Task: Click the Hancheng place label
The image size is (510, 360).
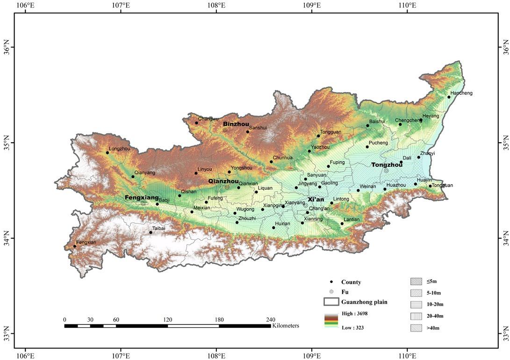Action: (x=461, y=93)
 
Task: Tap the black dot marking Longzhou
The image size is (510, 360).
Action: (x=108, y=153)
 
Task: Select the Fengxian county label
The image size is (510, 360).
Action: (x=86, y=242)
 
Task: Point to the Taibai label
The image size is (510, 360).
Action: (x=158, y=228)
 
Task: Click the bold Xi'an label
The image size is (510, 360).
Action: (x=316, y=199)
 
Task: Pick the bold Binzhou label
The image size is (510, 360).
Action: (x=236, y=124)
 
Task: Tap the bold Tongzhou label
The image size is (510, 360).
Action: (x=387, y=165)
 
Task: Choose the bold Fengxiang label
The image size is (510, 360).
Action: (x=142, y=198)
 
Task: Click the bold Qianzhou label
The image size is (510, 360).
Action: (x=223, y=181)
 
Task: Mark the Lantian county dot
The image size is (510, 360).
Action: (x=342, y=223)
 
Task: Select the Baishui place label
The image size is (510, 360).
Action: (x=377, y=122)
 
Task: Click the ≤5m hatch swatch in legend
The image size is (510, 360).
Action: (x=416, y=281)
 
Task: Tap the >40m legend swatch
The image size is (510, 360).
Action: (x=416, y=328)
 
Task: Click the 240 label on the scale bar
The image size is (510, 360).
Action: (x=271, y=320)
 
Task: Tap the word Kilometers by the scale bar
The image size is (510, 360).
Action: (x=286, y=325)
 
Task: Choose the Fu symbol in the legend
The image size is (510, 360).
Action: (x=331, y=292)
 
